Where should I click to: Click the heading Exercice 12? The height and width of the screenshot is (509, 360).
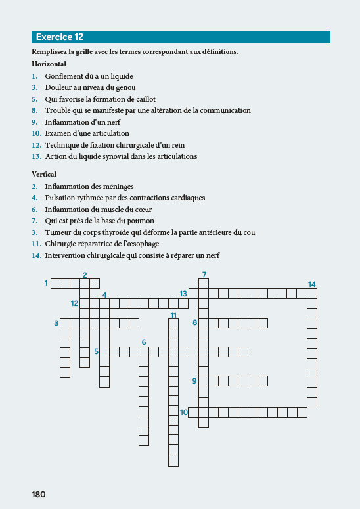tap(60, 37)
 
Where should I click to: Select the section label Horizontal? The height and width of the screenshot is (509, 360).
tap(49, 64)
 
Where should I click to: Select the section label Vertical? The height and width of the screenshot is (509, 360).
tap(44, 174)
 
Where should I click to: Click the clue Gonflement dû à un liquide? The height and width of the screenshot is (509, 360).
tap(90, 76)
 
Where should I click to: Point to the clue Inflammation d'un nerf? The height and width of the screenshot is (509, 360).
tap(83, 122)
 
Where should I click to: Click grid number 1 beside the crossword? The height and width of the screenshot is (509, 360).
tap(47, 283)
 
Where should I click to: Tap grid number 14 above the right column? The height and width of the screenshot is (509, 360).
tap(311, 284)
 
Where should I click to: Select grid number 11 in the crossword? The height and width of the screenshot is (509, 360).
tap(173, 315)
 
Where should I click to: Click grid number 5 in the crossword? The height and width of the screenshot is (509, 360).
tap(96, 351)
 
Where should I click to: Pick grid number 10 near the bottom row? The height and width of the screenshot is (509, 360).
tap(184, 412)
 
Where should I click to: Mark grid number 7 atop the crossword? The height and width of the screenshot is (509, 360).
tap(204, 274)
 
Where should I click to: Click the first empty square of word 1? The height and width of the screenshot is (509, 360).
tap(56, 284)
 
